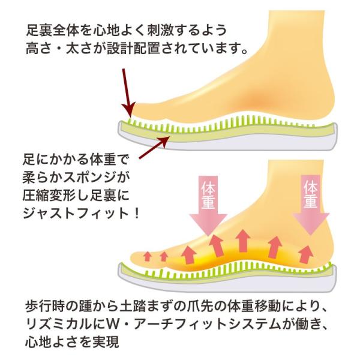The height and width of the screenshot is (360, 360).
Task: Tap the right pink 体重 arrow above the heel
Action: click(x=310, y=204)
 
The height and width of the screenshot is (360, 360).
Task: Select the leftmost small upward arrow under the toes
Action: click(x=147, y=256)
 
